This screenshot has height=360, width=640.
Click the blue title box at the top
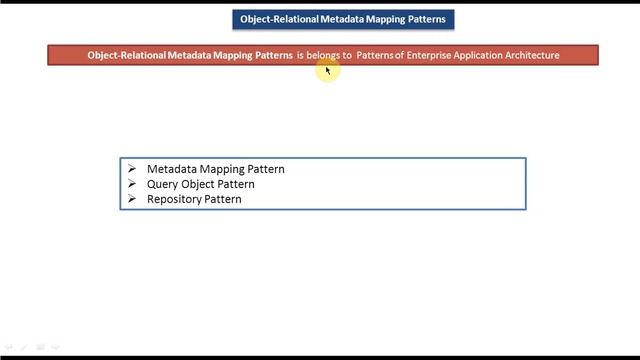pos(342,19)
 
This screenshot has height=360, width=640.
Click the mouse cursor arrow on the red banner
pos(327,70)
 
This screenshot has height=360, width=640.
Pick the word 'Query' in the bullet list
pos(161,184)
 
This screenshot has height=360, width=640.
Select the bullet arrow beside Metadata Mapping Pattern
pos(131,169)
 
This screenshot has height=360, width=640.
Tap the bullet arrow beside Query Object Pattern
pos(131,184)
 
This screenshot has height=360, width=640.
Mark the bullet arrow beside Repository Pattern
pos(131,199)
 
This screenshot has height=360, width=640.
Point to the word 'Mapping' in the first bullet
pos(224,169)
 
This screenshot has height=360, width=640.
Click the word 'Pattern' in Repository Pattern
pos(223,199)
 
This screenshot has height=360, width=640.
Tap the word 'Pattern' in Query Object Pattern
pos(237,184)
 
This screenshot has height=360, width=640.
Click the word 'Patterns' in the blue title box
pos(424,19)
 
